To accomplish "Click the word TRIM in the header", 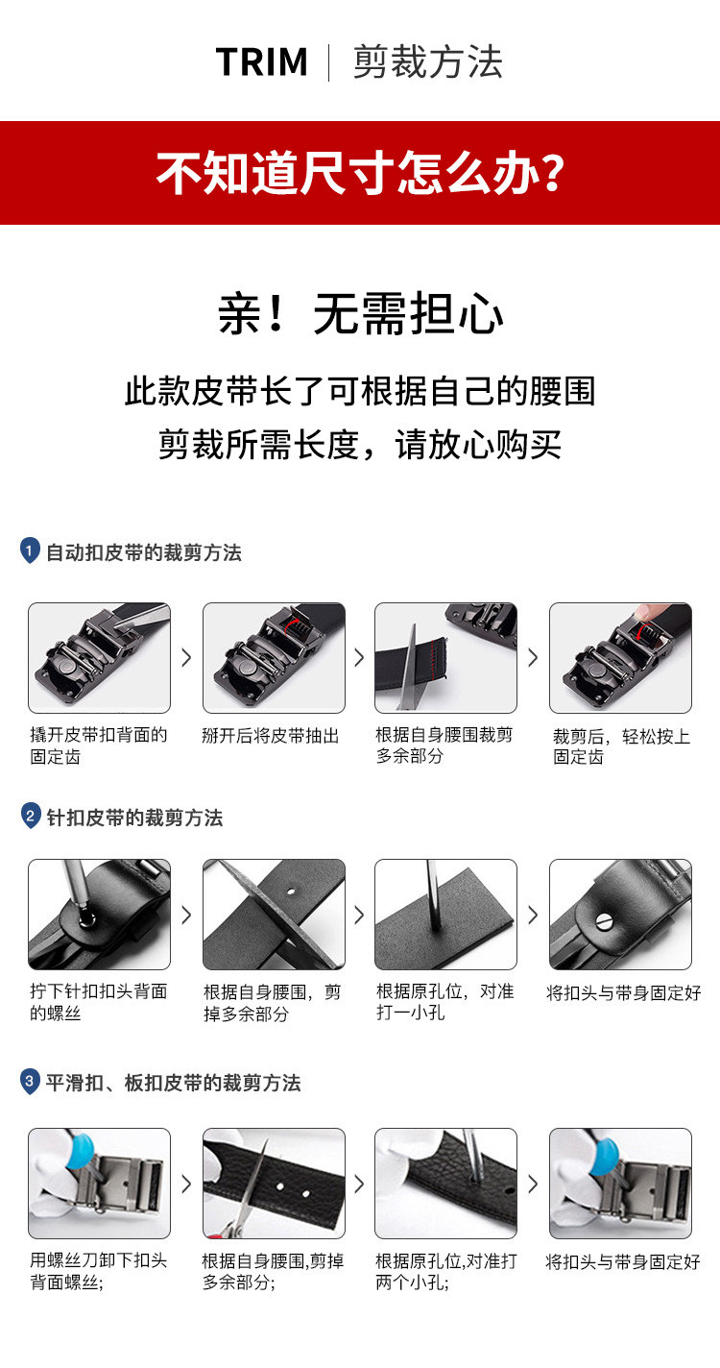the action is [262, 62].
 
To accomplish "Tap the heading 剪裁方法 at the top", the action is [428, 62].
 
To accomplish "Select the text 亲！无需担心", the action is [361, 313].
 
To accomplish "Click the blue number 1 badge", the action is [30, 550].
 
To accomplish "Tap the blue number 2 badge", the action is [31, 816].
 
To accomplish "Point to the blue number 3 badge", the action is [30, 1081].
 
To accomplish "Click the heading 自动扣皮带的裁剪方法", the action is [144, 552].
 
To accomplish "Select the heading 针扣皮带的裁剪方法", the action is [134, 818].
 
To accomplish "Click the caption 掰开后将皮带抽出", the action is [271, 735].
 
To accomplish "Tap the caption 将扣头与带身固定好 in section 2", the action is [624, 992].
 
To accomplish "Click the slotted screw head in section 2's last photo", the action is [604, 920].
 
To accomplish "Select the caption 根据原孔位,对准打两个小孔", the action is [446, 1272].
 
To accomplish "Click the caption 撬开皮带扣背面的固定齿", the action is [99, 745].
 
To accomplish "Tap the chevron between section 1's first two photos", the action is [186, 657].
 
